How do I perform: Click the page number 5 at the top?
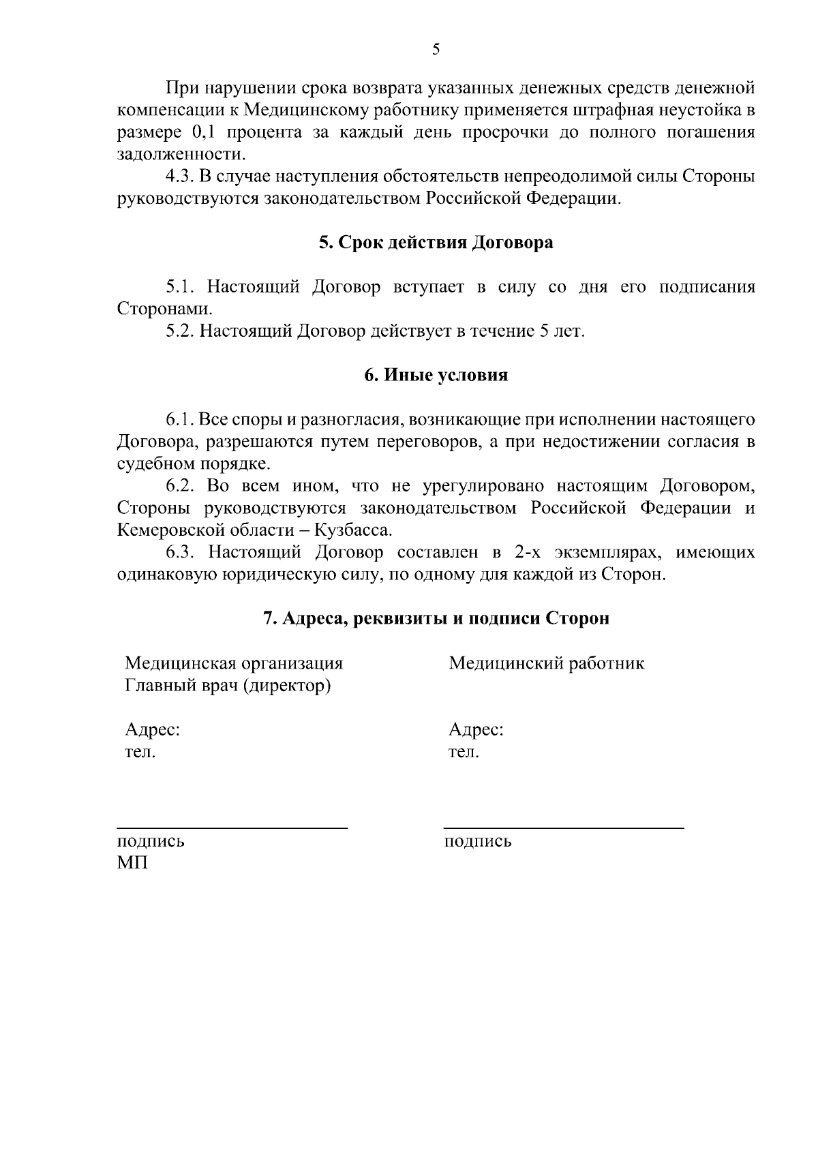(x=436, y=49)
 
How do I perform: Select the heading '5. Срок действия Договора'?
(x=436, y=243)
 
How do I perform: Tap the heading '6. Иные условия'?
(x=436, y=376)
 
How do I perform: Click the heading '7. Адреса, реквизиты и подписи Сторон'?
(x=436, y=618)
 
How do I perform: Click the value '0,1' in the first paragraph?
(x=204, y=132)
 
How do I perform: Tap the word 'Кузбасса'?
(x=355, y=530)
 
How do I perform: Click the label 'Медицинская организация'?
(x=234, y=663)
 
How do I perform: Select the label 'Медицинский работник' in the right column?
(x=546, y=663)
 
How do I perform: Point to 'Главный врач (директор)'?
(x=228, y=685)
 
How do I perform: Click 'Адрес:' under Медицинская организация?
(x=152, y=730)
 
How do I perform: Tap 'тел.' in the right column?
(x=464, y=752)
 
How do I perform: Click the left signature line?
(x=232, y=827)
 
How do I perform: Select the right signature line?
(x=564, y=827)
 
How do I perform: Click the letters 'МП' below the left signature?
(x=132, y=864)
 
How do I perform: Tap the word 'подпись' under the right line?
(x=477, y=841)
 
